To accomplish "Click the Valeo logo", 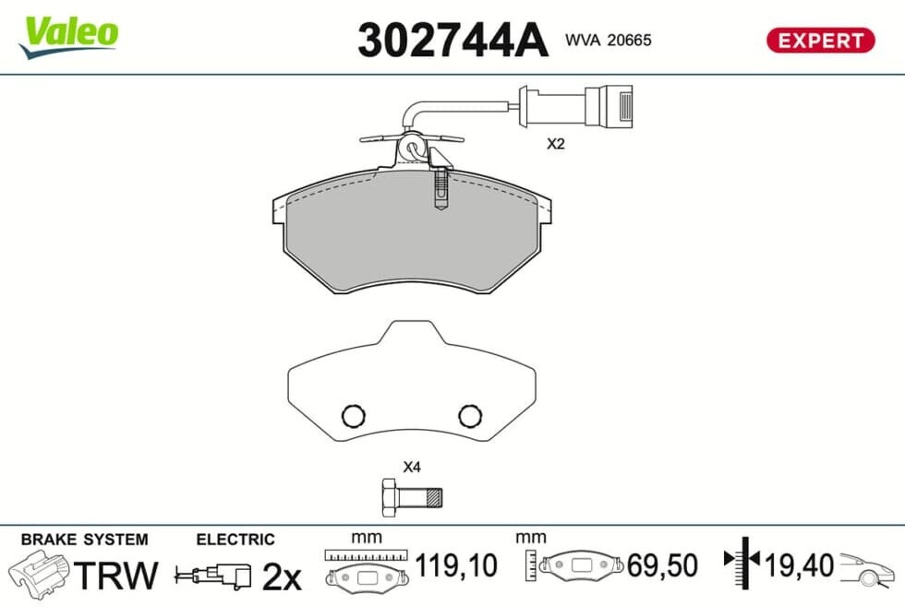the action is [x=68, y=36].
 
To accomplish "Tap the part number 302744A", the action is [x=452, y=40].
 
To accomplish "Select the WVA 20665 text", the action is [x=609, y=40].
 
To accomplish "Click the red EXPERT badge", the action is [x=820, y=41].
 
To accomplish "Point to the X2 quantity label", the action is [x=555, y=144].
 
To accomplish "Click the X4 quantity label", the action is [x=412, y=467].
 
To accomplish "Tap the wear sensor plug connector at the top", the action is [x=609, y=106].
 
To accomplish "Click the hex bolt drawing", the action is [x=412, y=497].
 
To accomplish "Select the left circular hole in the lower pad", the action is [x=353, y=415].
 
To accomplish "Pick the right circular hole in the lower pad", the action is [x=470, y=415].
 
